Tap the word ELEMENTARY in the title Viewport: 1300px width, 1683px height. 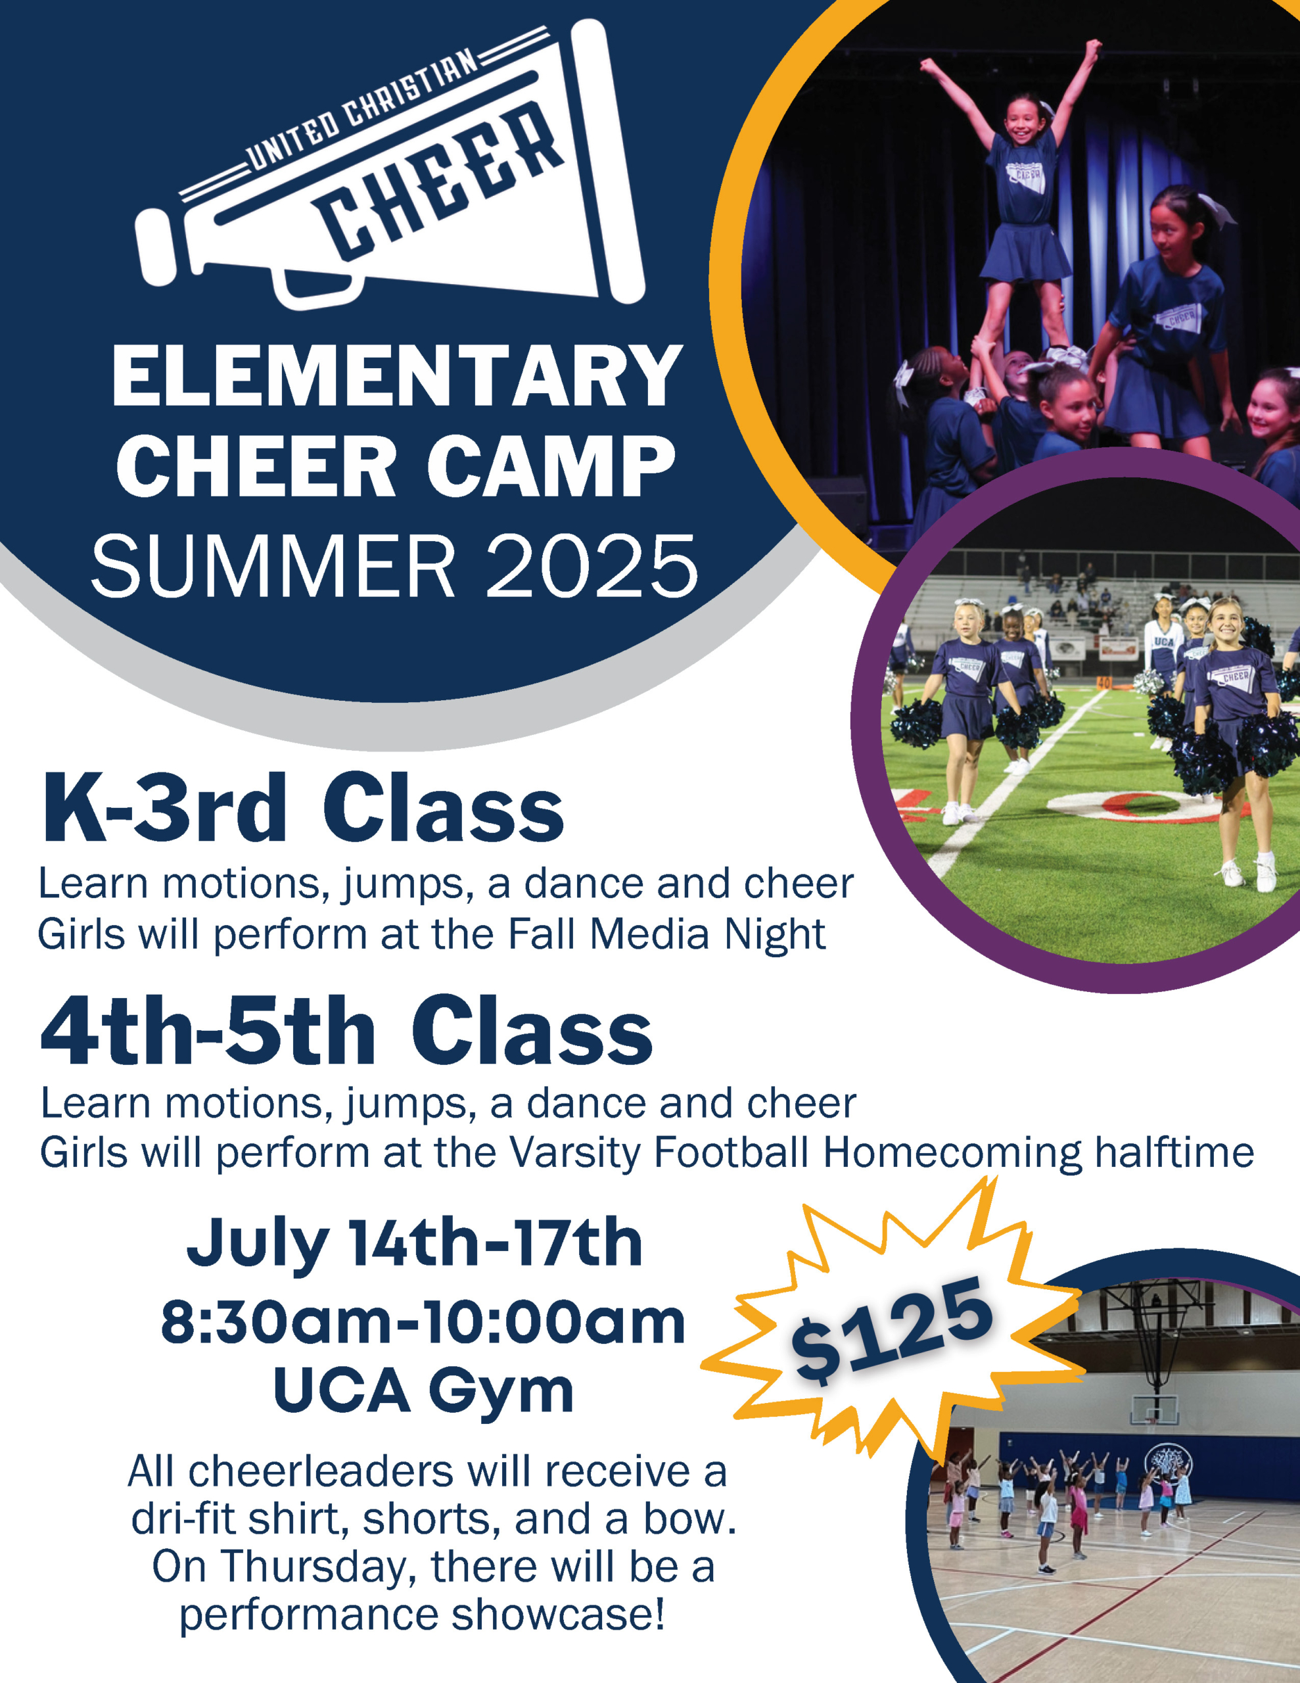398,376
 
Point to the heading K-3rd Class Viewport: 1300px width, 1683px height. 302,809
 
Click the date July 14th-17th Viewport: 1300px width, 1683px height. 415,1243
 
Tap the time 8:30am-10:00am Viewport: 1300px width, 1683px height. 423,1322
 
